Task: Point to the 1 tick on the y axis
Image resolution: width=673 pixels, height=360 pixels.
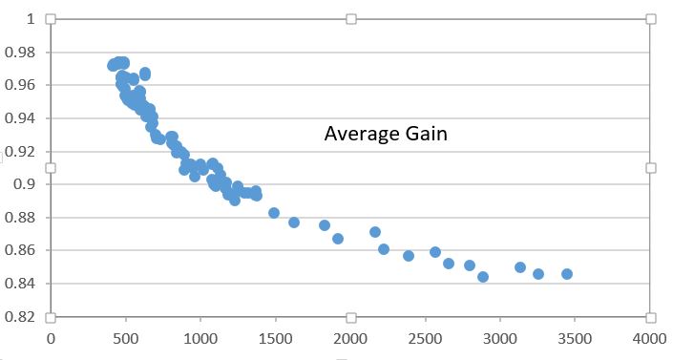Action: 30,19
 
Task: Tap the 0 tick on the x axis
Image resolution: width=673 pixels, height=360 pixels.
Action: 51,337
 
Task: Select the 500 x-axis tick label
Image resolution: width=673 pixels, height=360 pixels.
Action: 125,337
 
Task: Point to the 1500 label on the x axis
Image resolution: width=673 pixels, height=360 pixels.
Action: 275,337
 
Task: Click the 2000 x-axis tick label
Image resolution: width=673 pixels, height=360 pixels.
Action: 350,337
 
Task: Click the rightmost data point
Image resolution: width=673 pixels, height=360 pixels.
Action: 567,274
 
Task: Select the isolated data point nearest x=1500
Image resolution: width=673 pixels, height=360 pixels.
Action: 274,213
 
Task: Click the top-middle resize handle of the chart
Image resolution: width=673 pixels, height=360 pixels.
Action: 350,19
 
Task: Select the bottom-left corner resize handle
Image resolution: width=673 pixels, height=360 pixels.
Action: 51,317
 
